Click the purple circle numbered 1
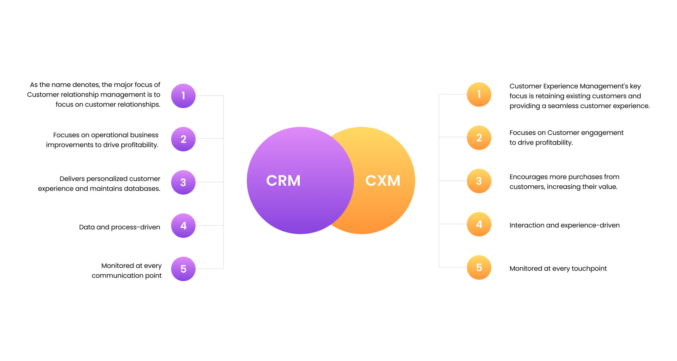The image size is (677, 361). (x=183, y=96)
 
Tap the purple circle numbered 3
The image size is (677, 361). (x=183, y=182)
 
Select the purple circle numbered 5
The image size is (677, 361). (x=183, y=269)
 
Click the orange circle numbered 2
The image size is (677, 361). (x=479, y=138)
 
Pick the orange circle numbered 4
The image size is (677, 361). (x=479, y=224)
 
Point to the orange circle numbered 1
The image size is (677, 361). (x=479, y=95)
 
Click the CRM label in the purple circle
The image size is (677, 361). (x=283, y=181)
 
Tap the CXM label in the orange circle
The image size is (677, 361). (x=383, y=181)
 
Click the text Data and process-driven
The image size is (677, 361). (x=119, y=227)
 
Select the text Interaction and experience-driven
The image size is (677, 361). (x=564, y=225)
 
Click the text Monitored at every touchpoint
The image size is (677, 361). (x=558, y=268)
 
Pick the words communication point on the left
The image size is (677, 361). (x=127, y=276)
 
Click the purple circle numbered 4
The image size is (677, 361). (x=183, y=226)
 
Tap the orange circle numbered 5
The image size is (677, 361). (x=479, y=267)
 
